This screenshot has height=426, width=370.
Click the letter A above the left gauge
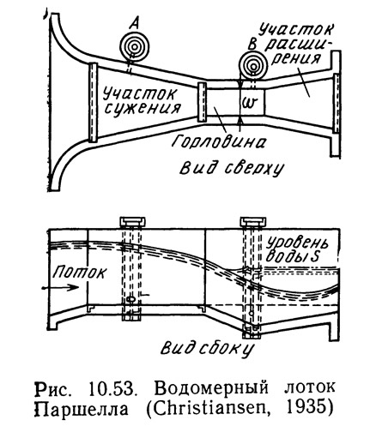(x=134, y=24)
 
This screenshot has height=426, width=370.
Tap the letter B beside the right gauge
(x=251, y=45)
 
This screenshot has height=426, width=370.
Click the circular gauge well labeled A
(x=135, y=46)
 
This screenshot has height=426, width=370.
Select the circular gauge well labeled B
(x=253, y=66)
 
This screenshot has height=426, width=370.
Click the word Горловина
(x=219, y=141)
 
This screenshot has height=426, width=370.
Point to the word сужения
(x=143, y=109)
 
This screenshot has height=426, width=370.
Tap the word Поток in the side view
(x=79, y=272)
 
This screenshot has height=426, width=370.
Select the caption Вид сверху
(x=231, y=168)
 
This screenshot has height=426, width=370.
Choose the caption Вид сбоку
(x=207, y=349)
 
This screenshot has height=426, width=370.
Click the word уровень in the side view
(x=297, y=243)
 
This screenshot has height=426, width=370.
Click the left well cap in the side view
(x=132, y=222)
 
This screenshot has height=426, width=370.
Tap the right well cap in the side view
(x=253, y=222)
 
